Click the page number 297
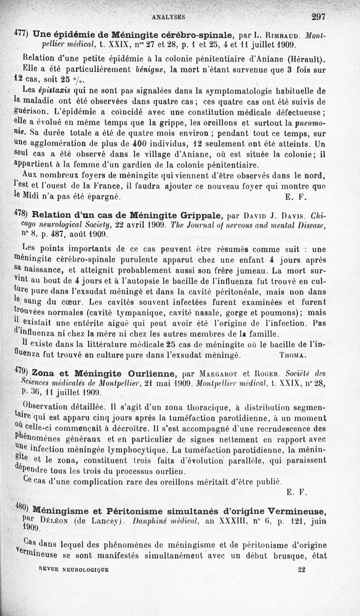318,17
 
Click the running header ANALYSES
168,18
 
